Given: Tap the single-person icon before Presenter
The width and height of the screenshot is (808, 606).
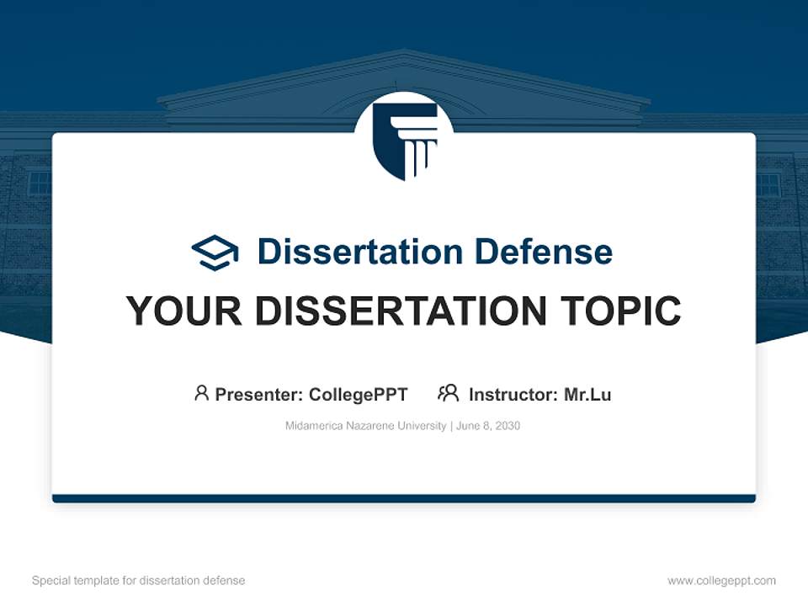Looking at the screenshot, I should coord(201,393).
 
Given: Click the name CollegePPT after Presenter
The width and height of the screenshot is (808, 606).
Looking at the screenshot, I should coord(359,395).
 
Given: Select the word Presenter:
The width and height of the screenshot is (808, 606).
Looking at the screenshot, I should coord(259,395).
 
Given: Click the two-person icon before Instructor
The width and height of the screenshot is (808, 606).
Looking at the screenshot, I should coord(448,393).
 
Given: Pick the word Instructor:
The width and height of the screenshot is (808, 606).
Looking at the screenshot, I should coord(513,395).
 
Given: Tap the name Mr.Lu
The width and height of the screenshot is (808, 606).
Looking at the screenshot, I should coord(587,395).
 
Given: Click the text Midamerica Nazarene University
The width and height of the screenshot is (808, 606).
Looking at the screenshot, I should coord(365,426).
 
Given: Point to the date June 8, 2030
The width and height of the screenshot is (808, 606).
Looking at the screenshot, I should coord(488,426).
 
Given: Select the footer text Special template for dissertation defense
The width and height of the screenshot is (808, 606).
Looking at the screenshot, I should coord(138,581).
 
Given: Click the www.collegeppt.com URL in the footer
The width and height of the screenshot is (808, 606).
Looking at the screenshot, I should coord(721,581).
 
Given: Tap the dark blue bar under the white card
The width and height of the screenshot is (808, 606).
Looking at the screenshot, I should coord(404,498).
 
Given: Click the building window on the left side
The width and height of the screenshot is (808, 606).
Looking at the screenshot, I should coord(40,183).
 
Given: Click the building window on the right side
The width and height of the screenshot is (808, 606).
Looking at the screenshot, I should coord(768,185).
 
